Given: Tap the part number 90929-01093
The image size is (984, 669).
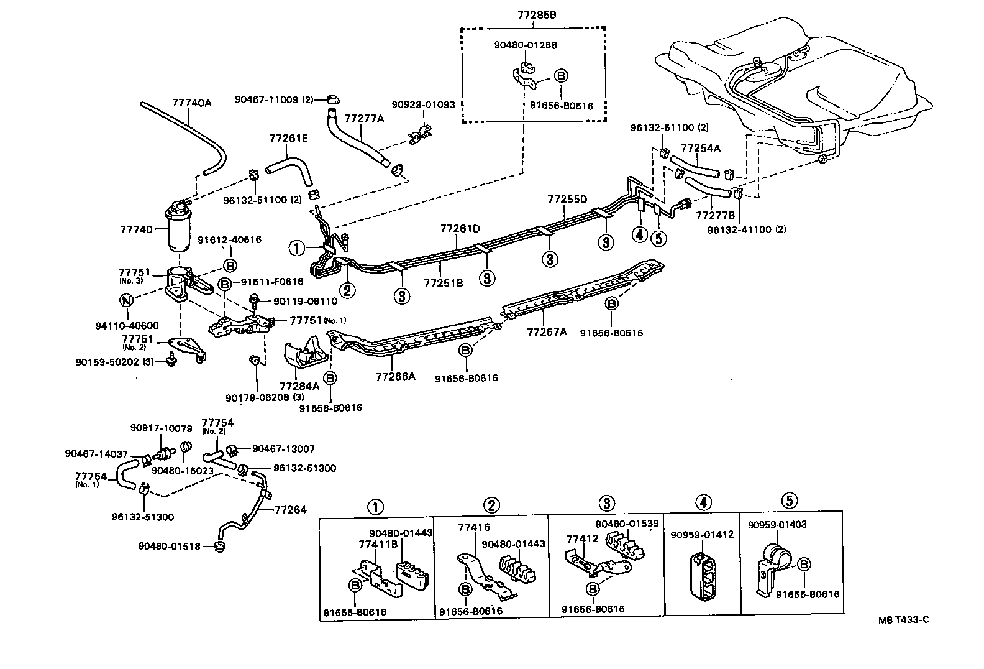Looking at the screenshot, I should coord(423,104).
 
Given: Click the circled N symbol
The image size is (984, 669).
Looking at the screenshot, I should coord(126,300).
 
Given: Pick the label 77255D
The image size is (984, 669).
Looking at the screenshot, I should coord(567,200).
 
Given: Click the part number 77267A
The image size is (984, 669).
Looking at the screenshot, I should coord(547,332).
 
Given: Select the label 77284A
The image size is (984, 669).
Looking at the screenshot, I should coord(299,386).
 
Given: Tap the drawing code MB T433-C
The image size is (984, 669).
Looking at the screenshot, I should coord(907,620).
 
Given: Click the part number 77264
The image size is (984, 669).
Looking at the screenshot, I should coord(290,510).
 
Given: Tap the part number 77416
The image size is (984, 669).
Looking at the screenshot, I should coord(474,527).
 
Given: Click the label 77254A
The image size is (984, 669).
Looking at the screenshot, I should coord(701,149).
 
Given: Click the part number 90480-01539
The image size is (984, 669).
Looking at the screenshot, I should coord(627,524).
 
